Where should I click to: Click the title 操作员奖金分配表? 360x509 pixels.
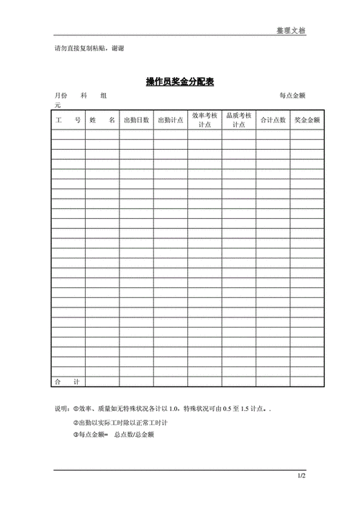pos(180,82)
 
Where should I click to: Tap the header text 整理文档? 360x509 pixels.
pos(291,31)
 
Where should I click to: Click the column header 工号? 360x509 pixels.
pos(68,120)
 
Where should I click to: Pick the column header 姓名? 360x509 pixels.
pos(102,120)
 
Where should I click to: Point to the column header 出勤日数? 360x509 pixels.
pos(136,120)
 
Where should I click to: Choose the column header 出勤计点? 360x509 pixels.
pos(171,120)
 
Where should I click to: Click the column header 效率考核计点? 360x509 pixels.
pos(204,120)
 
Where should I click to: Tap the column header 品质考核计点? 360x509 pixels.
pos(238,120)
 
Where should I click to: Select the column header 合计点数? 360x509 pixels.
pos(273,120)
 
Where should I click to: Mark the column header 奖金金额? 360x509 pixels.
pos(307,120)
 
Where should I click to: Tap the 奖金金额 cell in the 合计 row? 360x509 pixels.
pos(307,381)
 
